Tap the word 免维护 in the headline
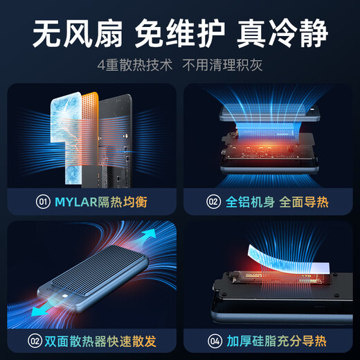click(180, 33)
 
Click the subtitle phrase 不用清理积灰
click(222, 67)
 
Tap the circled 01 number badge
click(43, 202)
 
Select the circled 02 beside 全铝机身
click(213, 202)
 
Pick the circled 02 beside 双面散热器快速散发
click(34, 340)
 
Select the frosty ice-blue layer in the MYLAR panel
click(59, 132)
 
